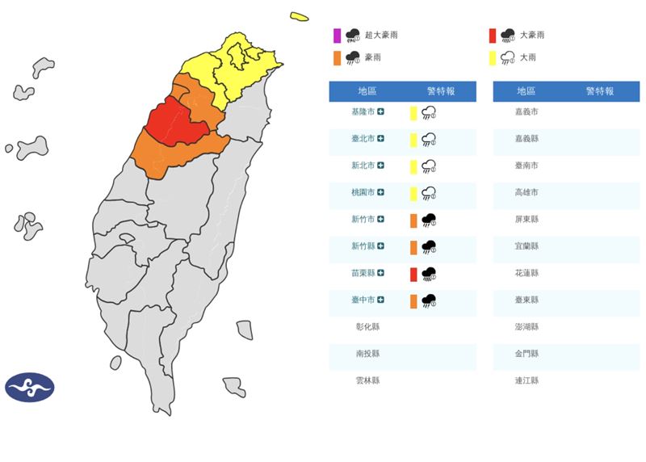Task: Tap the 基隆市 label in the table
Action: pos(362,112)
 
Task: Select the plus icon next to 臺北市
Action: pos(380,139)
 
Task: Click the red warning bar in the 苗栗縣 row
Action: pos(413,274)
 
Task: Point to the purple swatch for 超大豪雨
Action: pos(338,35)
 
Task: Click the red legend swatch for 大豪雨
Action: pos(491,35)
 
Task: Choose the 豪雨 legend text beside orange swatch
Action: pos(374,57)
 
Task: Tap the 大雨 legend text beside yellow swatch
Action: pos(527,57)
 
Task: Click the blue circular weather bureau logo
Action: pos(29,387)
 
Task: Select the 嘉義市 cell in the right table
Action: pos(528,112)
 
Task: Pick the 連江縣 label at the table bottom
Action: pos(529,380)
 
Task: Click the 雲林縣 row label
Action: pos(367,380)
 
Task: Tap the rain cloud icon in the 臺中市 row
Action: pos(429,300)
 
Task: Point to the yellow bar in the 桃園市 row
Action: pos(413,193)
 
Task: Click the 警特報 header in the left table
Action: pos(440,91)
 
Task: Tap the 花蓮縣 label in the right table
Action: pos(529,273)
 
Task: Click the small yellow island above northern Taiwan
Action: pos(300,16)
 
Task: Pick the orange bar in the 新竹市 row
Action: pos(413,220)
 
